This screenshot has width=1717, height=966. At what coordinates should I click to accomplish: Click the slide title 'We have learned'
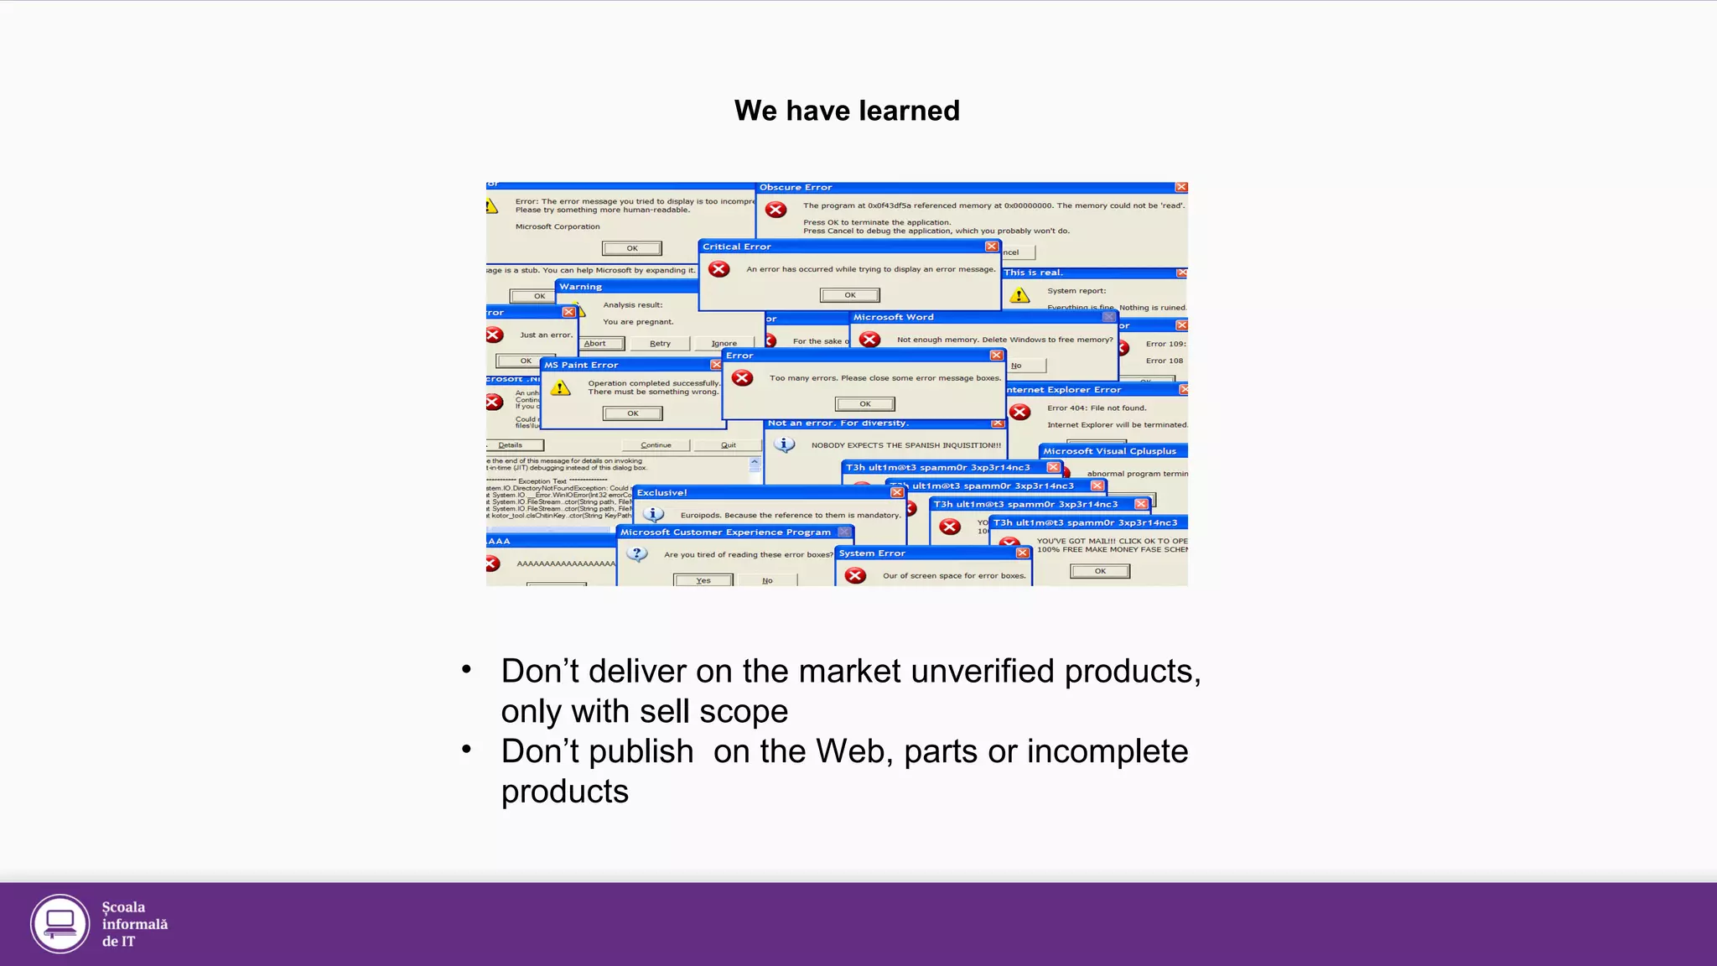[x=847, y=111]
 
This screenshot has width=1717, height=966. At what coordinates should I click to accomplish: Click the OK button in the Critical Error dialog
[x=849, y=295]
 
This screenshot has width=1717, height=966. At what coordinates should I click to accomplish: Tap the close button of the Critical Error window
[x=992, y=247]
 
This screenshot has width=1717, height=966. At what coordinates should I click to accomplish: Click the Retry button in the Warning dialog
[x=660, y=343]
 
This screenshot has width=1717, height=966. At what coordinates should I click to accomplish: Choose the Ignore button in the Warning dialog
[x=724, y=343]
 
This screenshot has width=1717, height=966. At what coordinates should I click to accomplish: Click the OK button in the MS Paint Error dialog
[x=633, y=413]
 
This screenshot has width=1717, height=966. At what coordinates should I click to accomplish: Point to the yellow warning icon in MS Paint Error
[x=561, y=388]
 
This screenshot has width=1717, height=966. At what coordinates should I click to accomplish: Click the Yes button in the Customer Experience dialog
[x=703, y=580]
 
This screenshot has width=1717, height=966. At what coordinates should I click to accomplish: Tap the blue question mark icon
[x=637, y=554]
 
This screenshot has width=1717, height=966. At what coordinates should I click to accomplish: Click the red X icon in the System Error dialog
[x=855, y=575]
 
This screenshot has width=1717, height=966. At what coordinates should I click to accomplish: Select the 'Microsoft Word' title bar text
[x=893, y=317]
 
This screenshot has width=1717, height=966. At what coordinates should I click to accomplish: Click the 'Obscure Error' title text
[x=796, y=188]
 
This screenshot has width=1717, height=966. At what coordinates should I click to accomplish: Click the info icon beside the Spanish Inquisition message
[x=784, y=444]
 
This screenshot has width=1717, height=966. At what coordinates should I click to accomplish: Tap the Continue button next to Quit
[x=656, y=445]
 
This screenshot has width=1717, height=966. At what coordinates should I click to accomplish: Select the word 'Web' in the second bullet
[x=850, y=751]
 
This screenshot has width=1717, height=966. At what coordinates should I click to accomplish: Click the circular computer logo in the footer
[x=60, y=924]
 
